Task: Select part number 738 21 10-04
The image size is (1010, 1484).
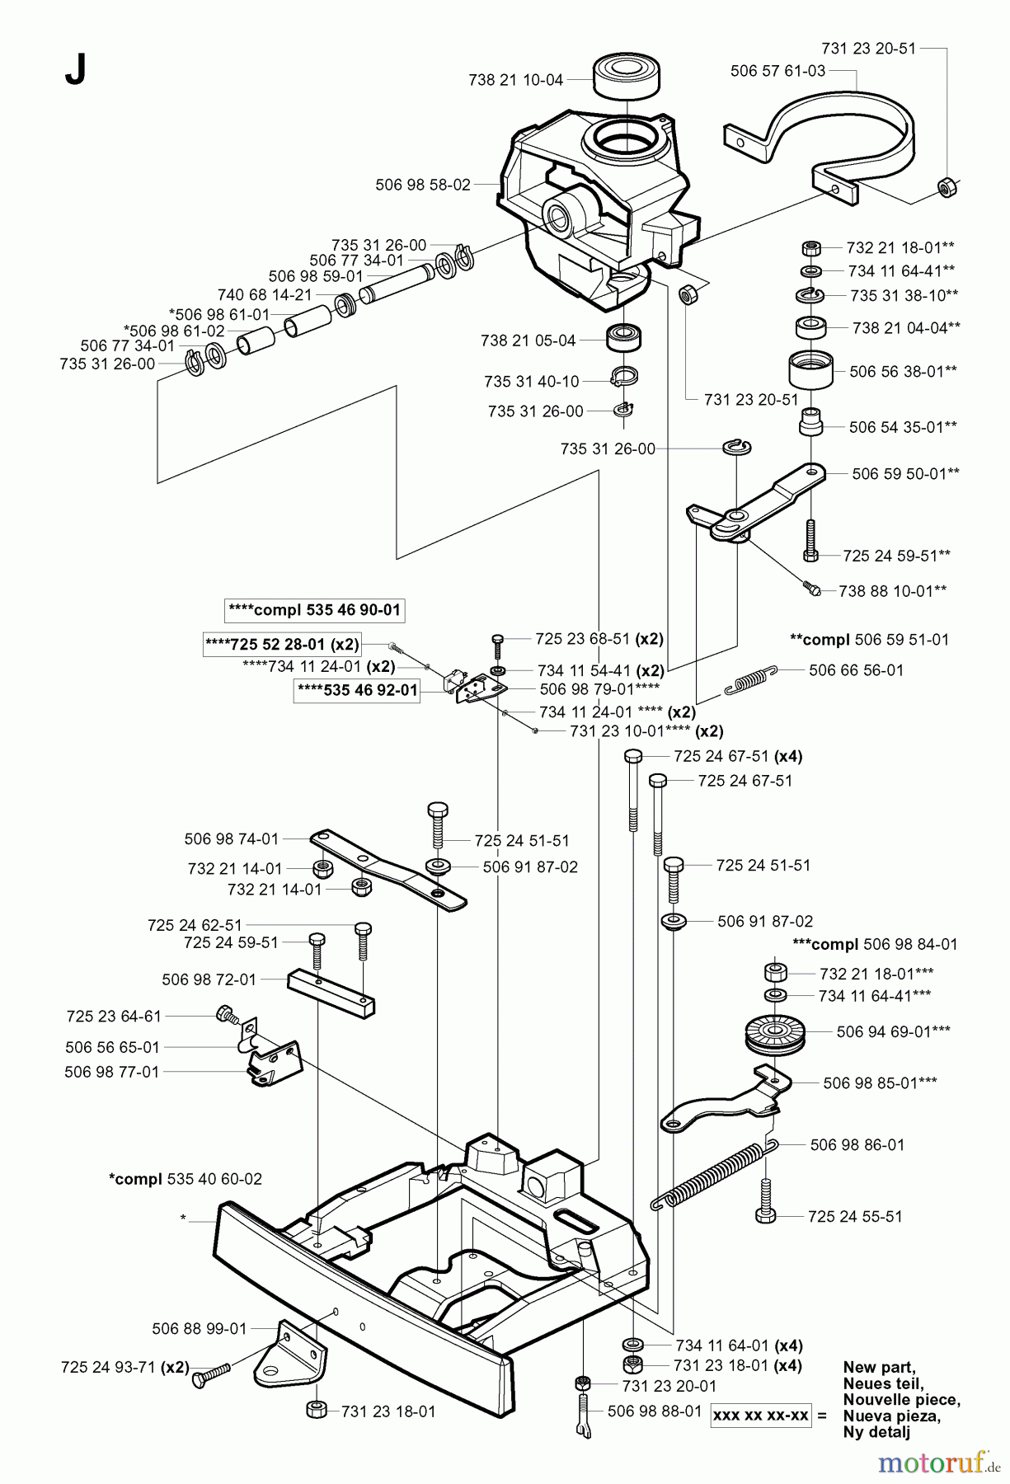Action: point(515,80)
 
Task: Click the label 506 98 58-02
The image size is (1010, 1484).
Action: point(422,185)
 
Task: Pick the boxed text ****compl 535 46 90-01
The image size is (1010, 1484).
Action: point(315,610)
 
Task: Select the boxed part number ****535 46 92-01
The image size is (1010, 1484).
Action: point(356,690)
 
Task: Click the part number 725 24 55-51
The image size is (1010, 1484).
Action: point(855,1216)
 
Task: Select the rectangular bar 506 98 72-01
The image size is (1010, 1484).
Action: point(331,994)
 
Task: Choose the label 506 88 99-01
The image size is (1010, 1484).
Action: point(200,1328)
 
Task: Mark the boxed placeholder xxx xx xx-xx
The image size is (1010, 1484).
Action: point(761,1414)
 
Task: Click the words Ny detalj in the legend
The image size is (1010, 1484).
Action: point(876,1432)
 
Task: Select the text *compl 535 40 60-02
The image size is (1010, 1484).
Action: point(185,1179)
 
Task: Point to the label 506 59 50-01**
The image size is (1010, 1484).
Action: point(905,473)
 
